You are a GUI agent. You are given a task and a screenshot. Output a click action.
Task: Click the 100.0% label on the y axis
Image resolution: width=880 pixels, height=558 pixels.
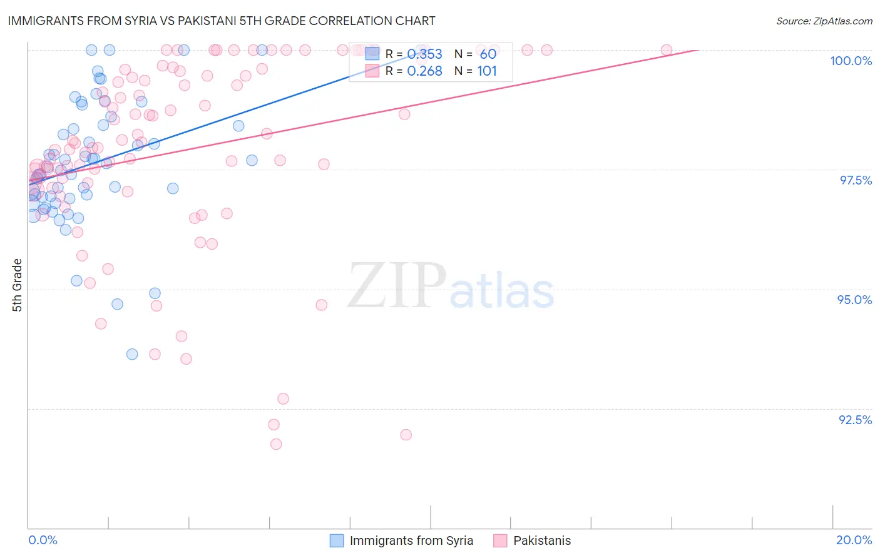[x=851, y=61]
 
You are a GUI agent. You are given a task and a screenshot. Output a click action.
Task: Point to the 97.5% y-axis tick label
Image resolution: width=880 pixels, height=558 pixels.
[x=855, y=180]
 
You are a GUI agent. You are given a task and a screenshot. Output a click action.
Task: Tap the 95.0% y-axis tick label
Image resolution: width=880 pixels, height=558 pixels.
[x=854, y=300]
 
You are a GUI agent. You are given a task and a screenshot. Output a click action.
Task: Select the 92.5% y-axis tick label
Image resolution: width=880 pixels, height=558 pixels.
[x=855, y=420]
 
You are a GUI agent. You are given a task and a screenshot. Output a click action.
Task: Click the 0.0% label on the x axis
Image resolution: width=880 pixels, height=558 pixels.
[x=43, y=540]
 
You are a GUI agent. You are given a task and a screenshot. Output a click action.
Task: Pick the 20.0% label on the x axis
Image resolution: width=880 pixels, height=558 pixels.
[x=854, y=540]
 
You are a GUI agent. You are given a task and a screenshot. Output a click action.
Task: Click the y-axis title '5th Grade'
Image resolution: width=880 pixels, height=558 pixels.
[x=17, y=285]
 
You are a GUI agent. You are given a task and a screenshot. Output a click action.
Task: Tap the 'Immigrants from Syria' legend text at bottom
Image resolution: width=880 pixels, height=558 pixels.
[x=411, y=540]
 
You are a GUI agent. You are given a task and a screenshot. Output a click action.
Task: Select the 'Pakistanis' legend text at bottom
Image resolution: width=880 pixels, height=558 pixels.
[x=542, y=540]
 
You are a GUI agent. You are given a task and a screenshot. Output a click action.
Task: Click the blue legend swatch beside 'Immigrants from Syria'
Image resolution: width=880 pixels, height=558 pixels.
[x=337, y=540]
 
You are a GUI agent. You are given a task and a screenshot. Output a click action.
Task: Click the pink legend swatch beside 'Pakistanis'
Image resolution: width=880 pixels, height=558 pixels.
[x=500, y=540]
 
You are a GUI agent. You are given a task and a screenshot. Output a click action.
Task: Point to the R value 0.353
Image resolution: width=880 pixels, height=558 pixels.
[x=424, y=54]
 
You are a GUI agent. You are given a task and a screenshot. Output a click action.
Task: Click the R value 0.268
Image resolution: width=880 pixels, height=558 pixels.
[x=424, y=71]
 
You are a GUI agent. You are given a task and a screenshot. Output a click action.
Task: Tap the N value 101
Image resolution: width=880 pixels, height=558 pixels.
[x=487, y=71]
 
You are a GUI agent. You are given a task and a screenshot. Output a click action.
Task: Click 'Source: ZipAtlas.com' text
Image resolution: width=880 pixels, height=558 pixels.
[x=824, y=21]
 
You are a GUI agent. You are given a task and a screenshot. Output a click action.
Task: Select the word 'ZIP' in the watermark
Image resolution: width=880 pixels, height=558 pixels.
[x=396, y=286]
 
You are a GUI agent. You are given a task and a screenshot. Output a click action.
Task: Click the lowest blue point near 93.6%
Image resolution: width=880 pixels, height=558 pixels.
[x=132, y=354]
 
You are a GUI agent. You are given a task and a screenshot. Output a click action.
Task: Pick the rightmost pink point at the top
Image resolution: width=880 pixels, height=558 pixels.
[x=667, y=50]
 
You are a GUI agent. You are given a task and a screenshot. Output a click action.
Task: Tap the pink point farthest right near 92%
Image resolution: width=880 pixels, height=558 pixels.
[x=406, y=435]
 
